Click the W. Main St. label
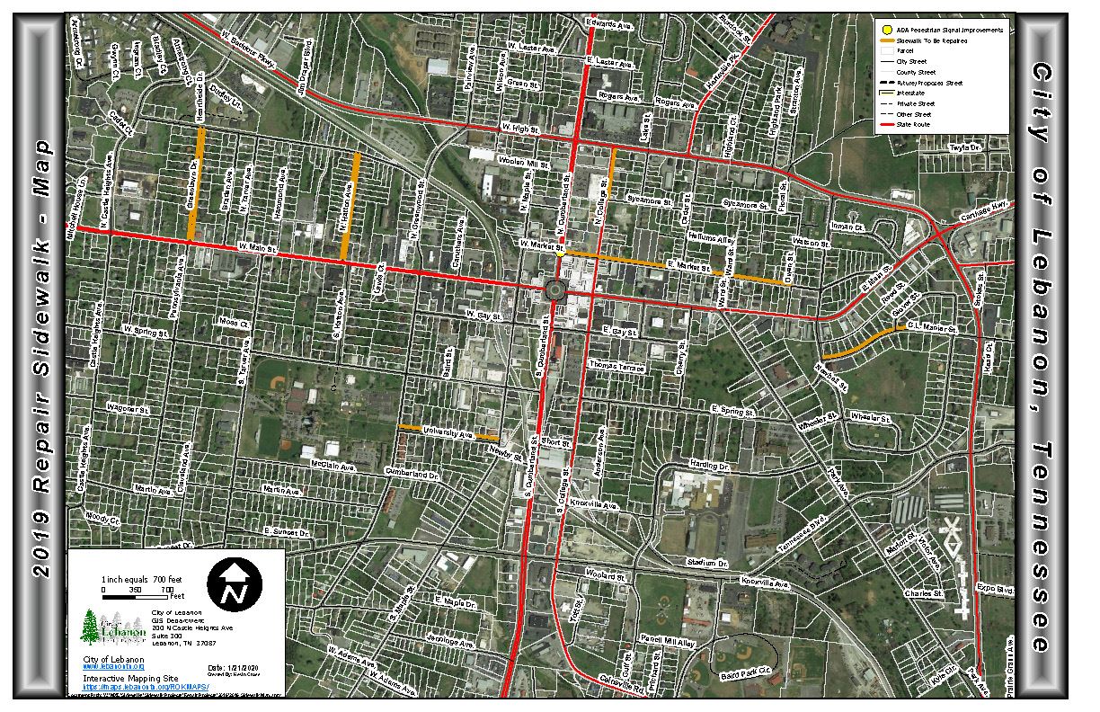click(255, 245)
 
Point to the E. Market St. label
click(684, 264)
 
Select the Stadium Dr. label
click(706, 564)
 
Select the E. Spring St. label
click(731, 410)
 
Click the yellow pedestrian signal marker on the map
click(560, 254)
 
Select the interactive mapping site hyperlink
click(146, 686)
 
